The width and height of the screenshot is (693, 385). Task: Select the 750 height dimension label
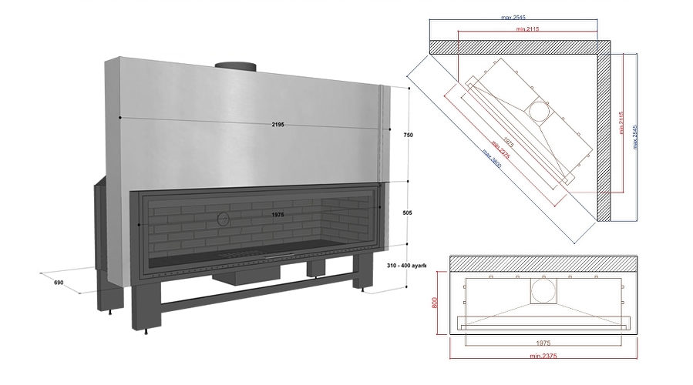point(408,135)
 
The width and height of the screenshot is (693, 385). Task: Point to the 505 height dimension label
point(408,215)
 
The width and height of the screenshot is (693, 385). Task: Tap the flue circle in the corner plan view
point(539,112)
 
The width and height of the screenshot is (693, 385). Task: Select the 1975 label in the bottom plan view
point(543,341)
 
